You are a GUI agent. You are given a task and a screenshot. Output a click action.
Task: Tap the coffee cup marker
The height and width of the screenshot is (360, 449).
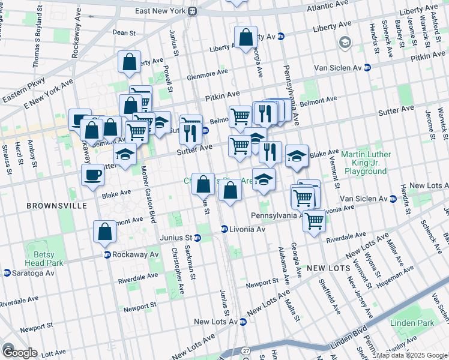coord(92,175)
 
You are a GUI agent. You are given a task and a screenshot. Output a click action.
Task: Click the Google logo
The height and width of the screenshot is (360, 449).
coord(20,352)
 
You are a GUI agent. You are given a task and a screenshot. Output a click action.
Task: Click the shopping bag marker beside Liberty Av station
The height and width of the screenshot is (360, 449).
coord(246,38)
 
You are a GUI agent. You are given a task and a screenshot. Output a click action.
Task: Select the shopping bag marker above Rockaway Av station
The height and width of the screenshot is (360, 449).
coord(104,232)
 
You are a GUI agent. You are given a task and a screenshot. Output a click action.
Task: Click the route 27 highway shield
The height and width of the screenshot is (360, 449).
coord(246,350)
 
